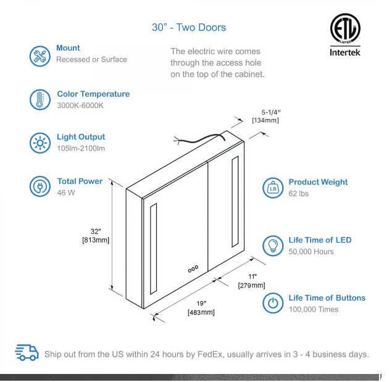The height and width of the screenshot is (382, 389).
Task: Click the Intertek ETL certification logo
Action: pyautogui.click(x=345, y=35)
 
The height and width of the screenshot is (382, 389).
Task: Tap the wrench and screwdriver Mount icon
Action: pyautogui.click(x=40, y=56)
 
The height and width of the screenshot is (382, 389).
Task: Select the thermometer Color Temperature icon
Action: pyautogui.click(x=40, y=99)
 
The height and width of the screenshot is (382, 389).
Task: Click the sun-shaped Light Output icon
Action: pyautogui.click(x=40, y=143)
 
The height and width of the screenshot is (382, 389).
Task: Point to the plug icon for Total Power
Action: pyautogui.click(x=40, y=186)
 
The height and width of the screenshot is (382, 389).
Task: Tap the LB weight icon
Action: pyautogui.click(x=272, y=188)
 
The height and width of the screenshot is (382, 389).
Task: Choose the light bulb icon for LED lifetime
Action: pyautogui.click(x=272, y=245)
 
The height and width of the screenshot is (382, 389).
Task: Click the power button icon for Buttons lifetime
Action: pyautogui.click(x=272, y=303)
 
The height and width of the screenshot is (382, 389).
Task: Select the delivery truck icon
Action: pyautogui.click(x=27, y=352)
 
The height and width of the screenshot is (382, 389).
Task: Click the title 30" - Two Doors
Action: pyautogui.click(x=189, y=27)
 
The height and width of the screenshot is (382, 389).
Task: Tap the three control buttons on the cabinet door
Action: pyautogui.click(x=193, y=269)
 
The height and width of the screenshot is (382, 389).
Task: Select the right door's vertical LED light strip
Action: pyautogui.click(x=235, y=201)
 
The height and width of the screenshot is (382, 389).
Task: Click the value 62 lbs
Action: pyautogui.click(x=299, y=194)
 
